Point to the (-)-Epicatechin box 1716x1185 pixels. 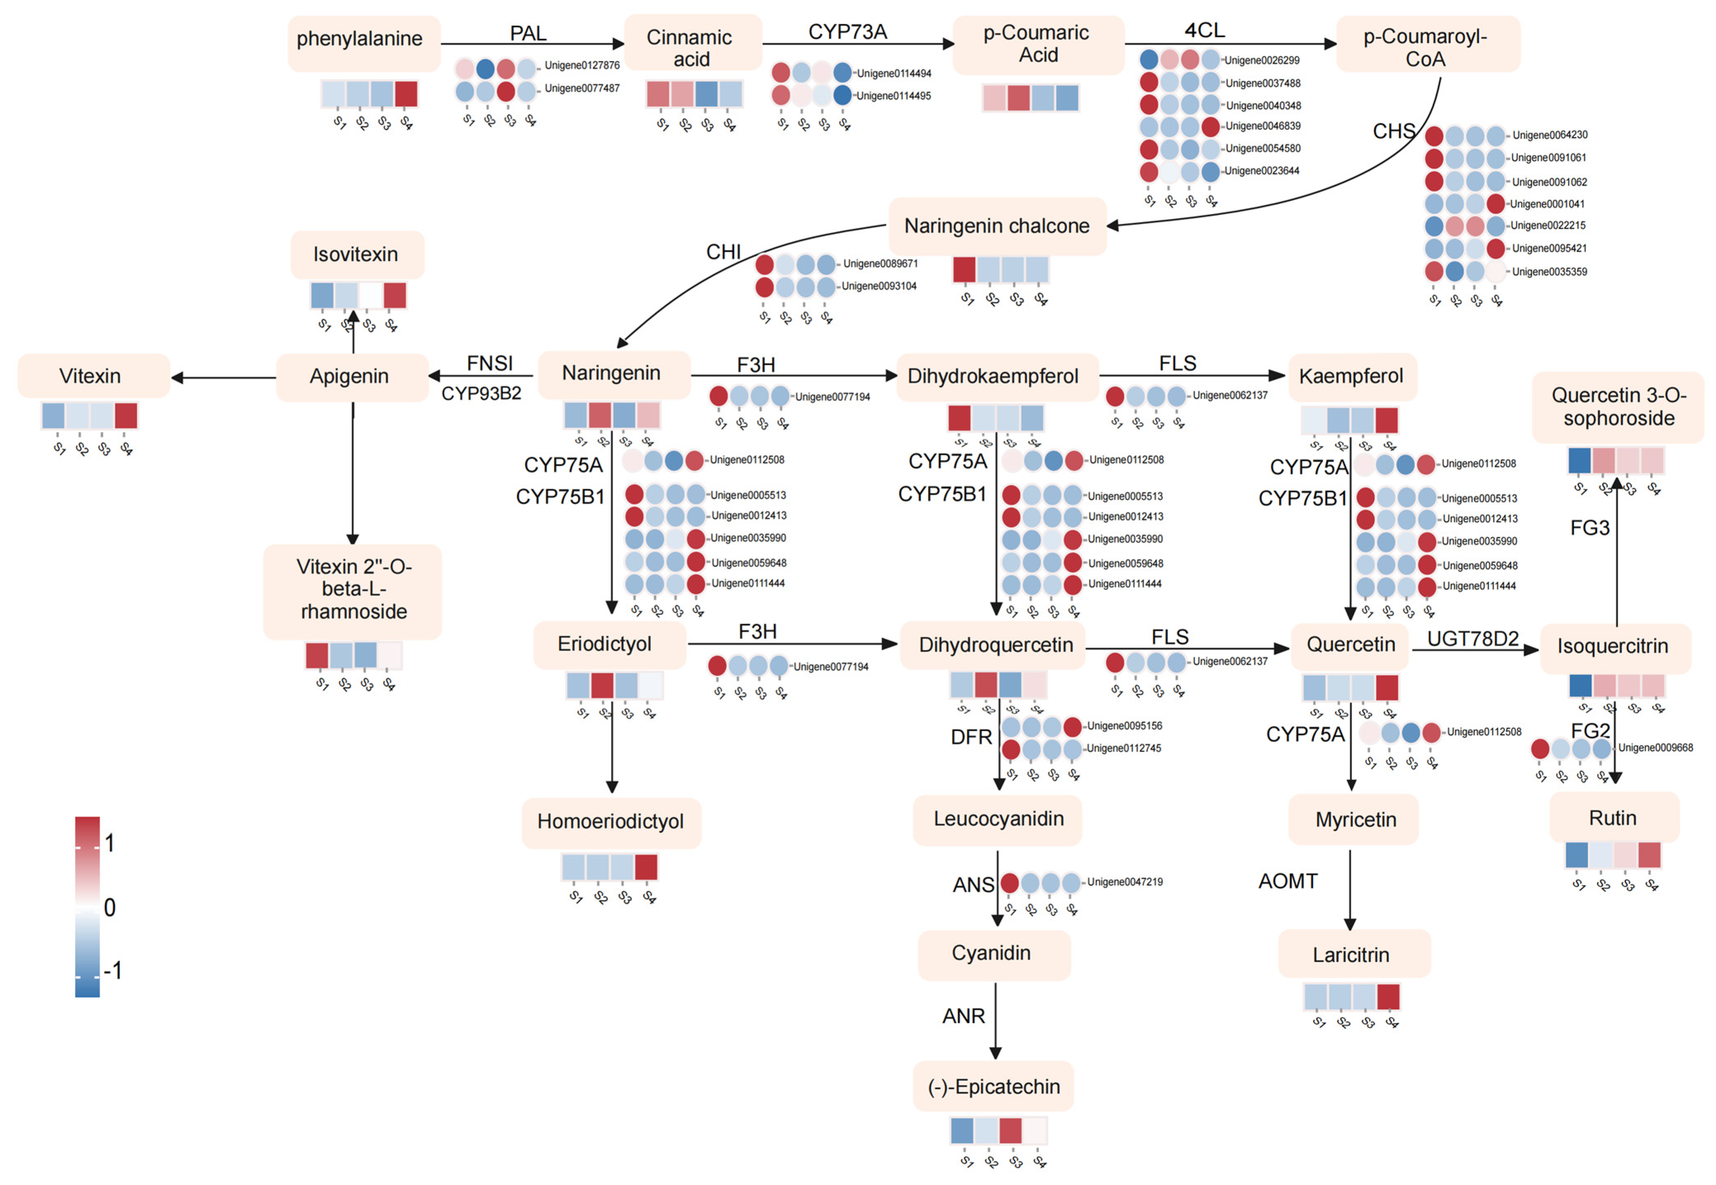point(993,1087)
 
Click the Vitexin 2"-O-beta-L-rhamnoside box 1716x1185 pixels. point(353,590)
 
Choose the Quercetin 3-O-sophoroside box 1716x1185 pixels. point(1618,407)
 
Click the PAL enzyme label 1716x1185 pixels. point(528,33)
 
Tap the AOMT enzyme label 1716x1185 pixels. point(1288,882)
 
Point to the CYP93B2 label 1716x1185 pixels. point(481,393)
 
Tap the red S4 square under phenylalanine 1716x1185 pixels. point(406,94)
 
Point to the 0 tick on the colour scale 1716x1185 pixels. point(109,907)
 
